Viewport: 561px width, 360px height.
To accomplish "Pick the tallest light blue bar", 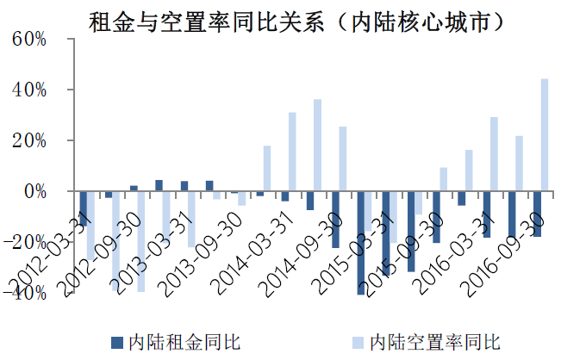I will [545, 134].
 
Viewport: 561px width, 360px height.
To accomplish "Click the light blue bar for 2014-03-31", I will [292, 152].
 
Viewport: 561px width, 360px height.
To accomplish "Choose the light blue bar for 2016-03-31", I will [494, 154].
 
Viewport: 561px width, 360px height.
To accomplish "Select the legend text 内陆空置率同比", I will [434, 342].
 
